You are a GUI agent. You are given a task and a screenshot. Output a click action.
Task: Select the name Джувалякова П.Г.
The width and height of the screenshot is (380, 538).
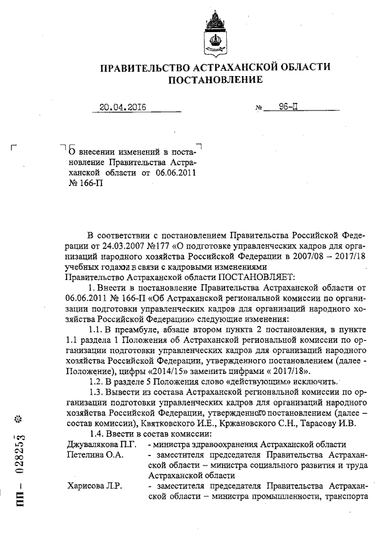pos(102,444)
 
